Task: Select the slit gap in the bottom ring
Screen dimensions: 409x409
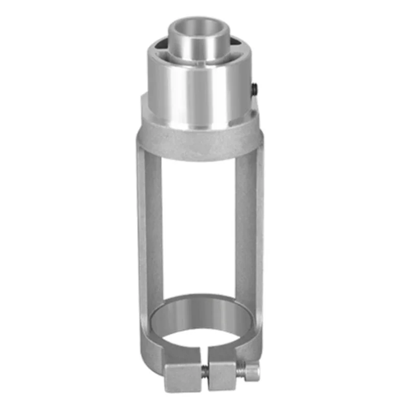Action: click(203, 353)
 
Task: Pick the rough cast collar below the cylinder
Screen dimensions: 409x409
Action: click(199, 143)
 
